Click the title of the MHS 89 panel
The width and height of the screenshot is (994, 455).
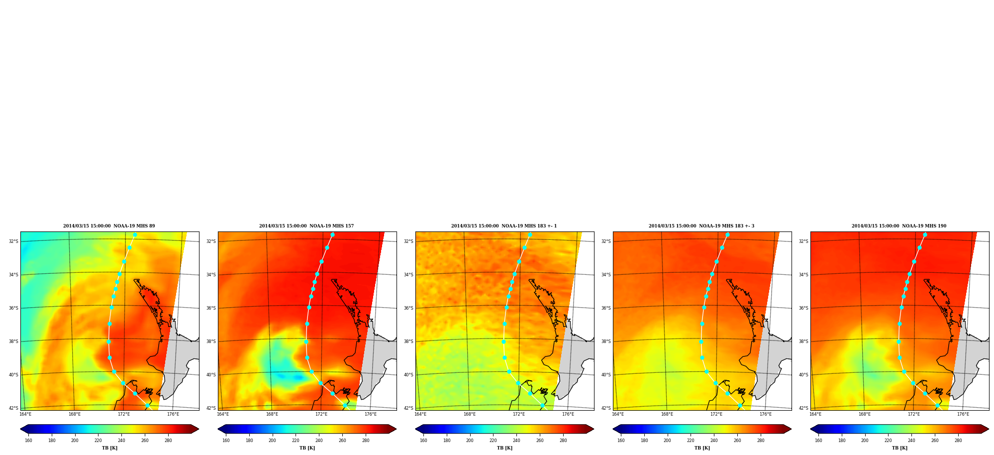pos(109,226)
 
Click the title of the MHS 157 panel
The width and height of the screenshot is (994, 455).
pos(306,226)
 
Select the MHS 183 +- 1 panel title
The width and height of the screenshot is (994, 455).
pos(504,226)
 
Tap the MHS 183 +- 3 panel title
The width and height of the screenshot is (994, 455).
pos(701,226)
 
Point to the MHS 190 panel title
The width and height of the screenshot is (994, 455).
pos(899,226)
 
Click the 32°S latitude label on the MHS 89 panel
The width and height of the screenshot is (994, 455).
pos(13,241)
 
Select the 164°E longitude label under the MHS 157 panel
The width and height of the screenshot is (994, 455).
pos(223,414)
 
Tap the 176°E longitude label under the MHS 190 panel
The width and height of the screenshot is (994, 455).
pos(963,414)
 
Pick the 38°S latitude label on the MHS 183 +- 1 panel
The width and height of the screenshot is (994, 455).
pos(408,341)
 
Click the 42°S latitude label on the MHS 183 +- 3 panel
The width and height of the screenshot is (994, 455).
pos(606,408)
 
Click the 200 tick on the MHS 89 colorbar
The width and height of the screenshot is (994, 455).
pos(75,440)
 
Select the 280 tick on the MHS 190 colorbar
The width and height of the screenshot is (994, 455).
pos(958,440)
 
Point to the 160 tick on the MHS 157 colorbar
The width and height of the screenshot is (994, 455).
pos(226,440)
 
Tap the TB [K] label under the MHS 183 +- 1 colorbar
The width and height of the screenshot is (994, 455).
pos(504,448)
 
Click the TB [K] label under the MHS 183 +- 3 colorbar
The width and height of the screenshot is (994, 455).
pos(702,448)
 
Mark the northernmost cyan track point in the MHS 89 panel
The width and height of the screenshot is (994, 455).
pos(135,235)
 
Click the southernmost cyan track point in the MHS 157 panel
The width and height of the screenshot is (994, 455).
pos(345,405)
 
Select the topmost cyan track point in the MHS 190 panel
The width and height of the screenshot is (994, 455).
pos(925,235)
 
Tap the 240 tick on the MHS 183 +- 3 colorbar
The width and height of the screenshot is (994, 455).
pos(714,440)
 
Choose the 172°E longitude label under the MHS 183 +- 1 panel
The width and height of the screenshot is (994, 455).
pos(519,414)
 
